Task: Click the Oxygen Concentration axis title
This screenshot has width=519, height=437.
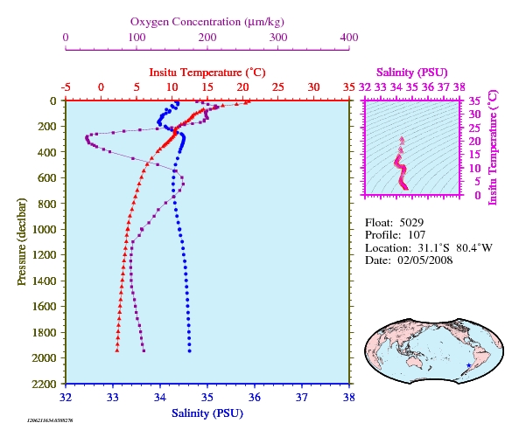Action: coord(207,22)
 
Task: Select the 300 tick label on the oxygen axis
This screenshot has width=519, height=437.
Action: coord(278,38)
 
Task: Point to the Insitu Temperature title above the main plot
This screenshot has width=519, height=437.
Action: coord(207,73)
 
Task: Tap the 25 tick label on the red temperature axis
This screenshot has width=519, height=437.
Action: coord(278,87)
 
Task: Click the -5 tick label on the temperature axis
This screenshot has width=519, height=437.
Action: coord(66,87)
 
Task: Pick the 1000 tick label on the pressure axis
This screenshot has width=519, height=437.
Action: coord(45,229)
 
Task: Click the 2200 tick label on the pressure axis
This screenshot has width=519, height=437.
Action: coord(45,384)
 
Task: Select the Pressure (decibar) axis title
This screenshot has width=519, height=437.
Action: coord(22,241)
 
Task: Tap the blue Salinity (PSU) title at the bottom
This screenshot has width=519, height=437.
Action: coord(207,413)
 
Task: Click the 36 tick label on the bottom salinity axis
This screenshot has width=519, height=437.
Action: coord(255,397)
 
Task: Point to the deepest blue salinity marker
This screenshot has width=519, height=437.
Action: coord(189,351)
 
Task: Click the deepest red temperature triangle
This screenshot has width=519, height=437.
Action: coord(117,350)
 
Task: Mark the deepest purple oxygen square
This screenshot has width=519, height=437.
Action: coord(144,351)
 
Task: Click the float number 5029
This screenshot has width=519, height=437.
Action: coord(411,223)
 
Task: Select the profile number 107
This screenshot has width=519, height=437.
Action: coord(417,235)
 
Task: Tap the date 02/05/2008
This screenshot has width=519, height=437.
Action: coord(425,260)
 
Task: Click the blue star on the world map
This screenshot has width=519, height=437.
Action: coord(469,365)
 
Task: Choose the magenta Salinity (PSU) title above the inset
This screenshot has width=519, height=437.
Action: coord(411,73)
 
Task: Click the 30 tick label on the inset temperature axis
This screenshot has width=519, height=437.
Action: coord(474,114)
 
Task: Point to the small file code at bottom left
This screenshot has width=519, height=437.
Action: coord(50,420)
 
